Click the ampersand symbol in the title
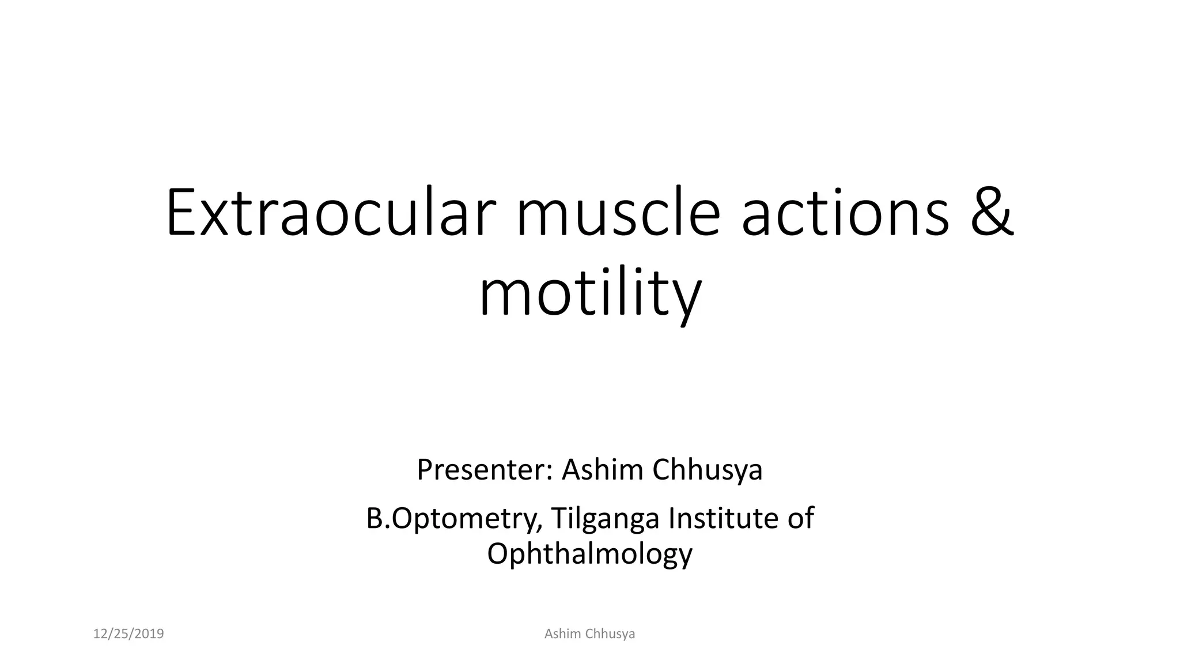coord(992,212)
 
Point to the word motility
coord(590,295)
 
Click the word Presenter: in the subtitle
coord(485,470)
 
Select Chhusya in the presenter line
coord(708,470)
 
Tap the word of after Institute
coord(800,518)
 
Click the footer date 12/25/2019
coord(128,634)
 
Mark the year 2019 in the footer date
coord(149,634)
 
